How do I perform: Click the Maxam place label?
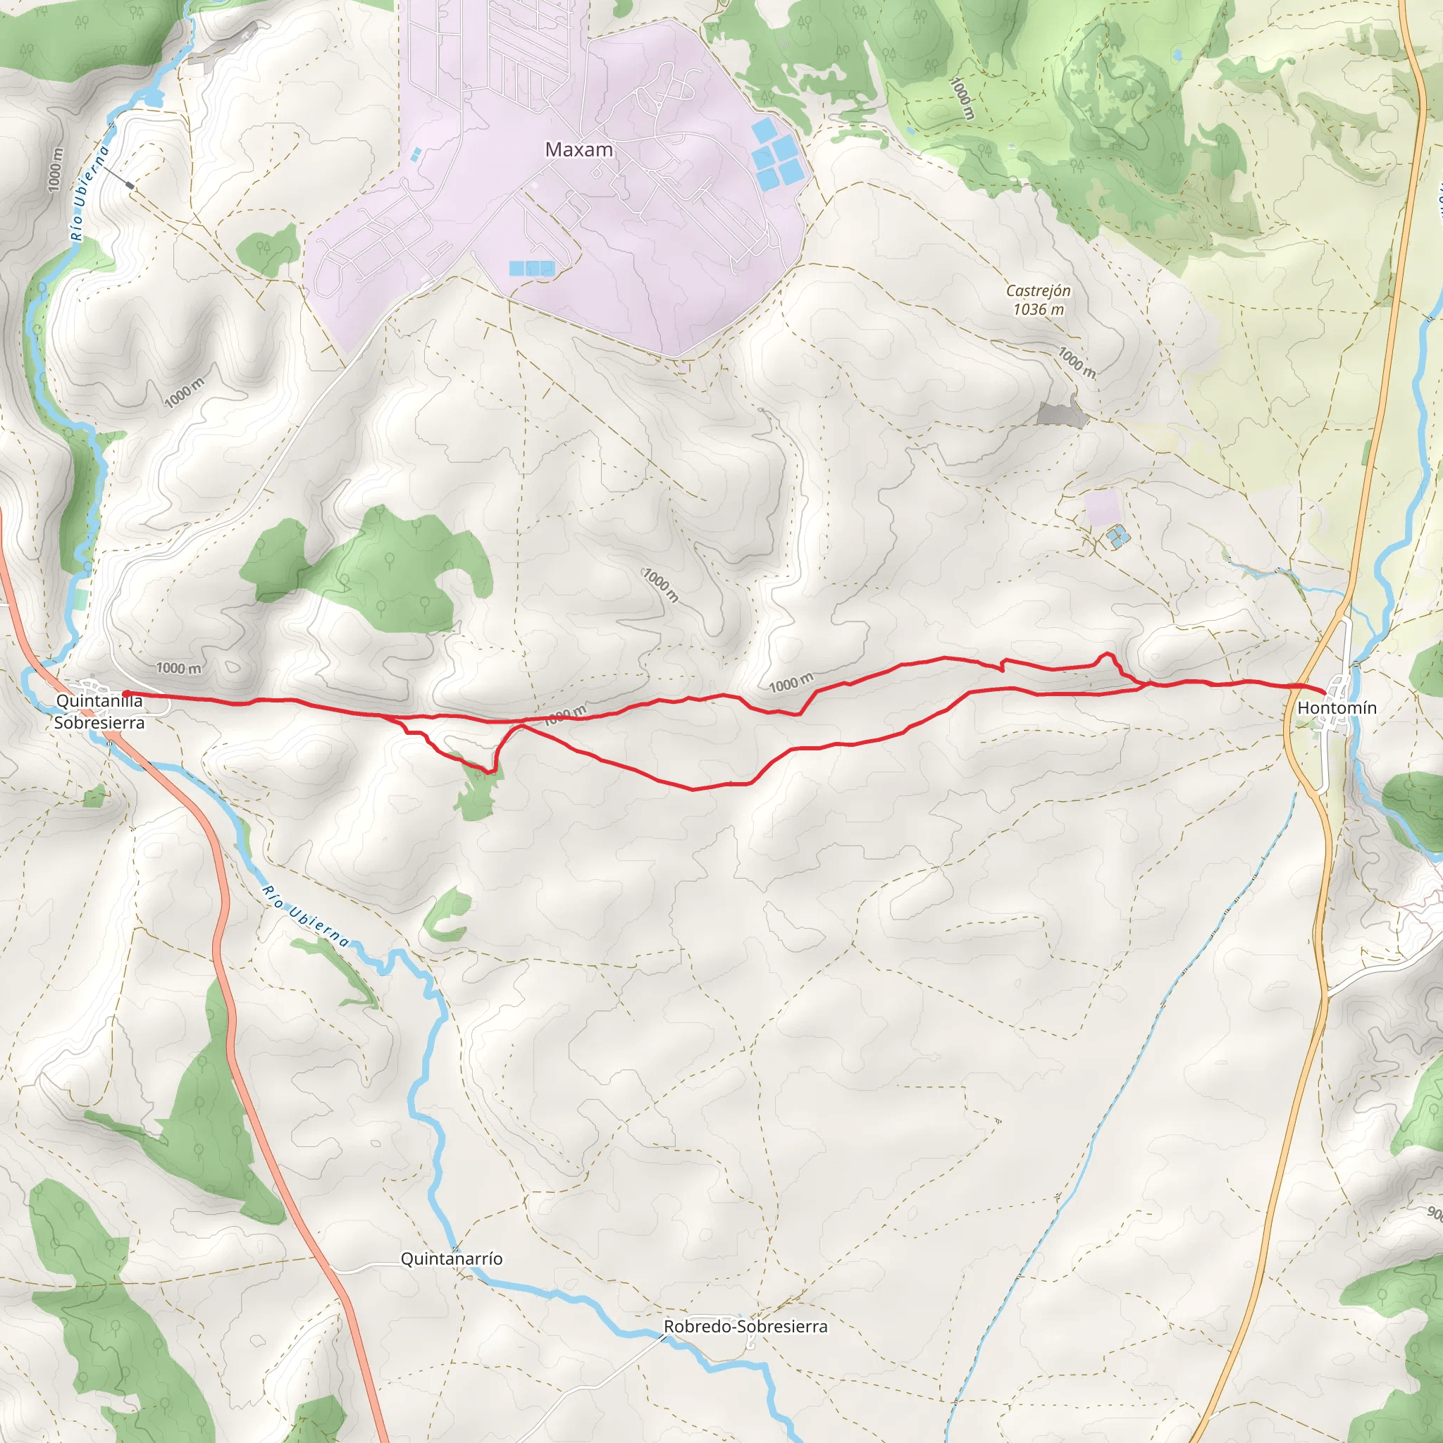pos(579,149)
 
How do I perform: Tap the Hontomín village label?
pos(1337,707)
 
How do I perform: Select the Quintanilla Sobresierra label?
pos(99,711)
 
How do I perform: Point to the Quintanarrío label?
pos(451,1258)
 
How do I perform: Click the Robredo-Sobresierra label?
pos(745,1327)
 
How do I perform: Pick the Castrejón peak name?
pos(1038,290)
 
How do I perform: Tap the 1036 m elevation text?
pos(1038,309)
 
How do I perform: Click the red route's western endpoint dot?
pos(126,694)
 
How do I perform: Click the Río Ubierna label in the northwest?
pos(89,192)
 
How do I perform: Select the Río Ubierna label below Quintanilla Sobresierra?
pos(306,916)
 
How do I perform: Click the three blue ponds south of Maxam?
pos(532,267)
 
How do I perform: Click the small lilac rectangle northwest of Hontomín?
pos(1103,507)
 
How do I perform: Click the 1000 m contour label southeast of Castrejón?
pos(1077,362)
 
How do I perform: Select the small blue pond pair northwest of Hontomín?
pos(1117,536)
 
